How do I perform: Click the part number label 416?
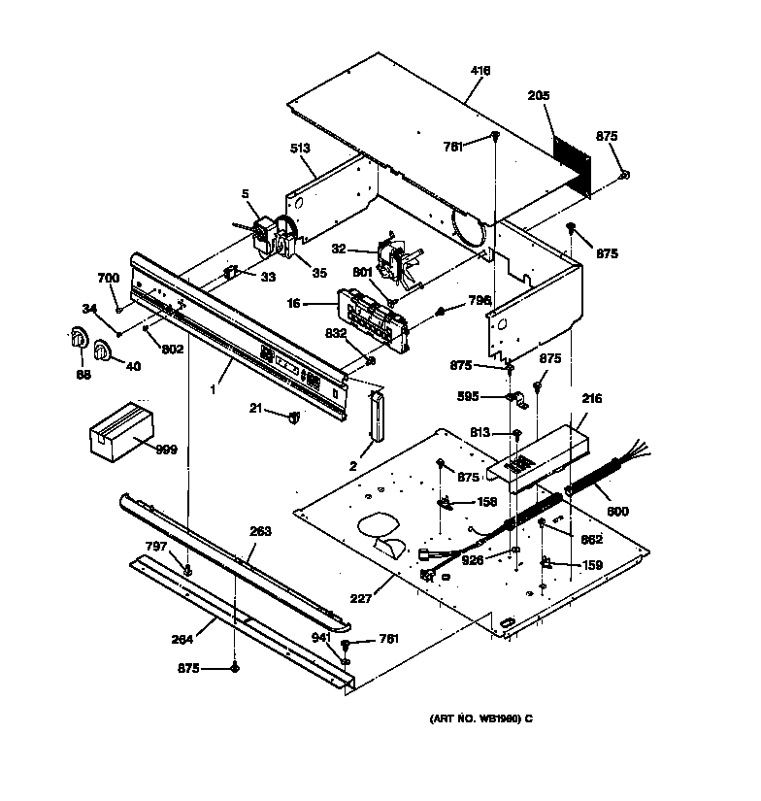pos(480,71)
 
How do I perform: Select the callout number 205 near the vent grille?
pos(539,95)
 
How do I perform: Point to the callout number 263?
pos(260,531)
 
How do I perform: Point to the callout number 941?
pos(321,637)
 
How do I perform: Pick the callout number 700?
pos(108,278)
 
